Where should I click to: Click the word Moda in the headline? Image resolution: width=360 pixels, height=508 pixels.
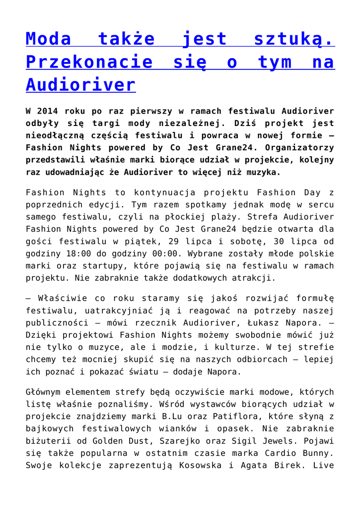[49, 39]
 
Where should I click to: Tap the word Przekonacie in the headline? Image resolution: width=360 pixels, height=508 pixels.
[89, 62]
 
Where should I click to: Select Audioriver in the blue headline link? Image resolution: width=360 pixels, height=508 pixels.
[80, 84]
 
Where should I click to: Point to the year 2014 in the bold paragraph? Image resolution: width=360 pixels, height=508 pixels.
[48, 111]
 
